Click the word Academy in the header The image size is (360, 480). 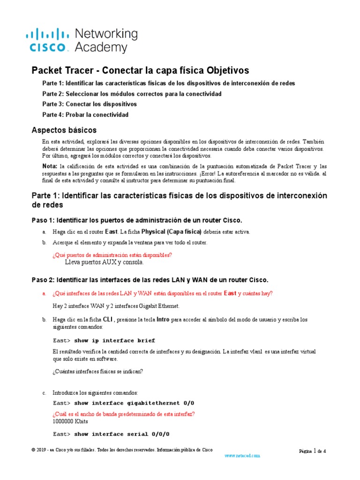coord(101,47)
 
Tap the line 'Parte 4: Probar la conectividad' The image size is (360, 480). coord(85,114)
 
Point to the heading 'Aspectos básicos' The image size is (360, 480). coord(64,130)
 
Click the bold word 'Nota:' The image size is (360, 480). coord(49,166)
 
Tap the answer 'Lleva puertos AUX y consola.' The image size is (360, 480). coord(104,263)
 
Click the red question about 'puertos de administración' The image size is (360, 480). coord(112,255)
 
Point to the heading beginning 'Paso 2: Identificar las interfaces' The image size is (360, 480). coord(150,280)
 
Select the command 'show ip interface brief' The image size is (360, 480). coord(114,340)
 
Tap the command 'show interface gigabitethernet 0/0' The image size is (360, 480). coord(134,403)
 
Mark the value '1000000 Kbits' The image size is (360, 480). coord(70,421)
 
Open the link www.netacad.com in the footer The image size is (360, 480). coord(242,455)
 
